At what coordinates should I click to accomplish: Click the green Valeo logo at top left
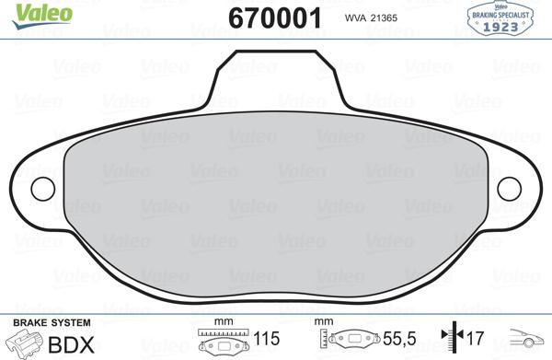pos(42,15)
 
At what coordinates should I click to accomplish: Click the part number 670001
pos(274,18)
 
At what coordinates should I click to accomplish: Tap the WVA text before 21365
pos(355,18)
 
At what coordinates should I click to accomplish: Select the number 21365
pos(384,18)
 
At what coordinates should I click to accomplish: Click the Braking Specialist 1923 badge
pos(500,18)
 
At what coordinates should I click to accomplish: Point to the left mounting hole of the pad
pos(43,189)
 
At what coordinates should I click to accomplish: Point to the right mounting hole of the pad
pos(509,189)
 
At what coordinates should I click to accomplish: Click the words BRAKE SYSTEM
pos(52,322)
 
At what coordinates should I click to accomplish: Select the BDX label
pos(71,345)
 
